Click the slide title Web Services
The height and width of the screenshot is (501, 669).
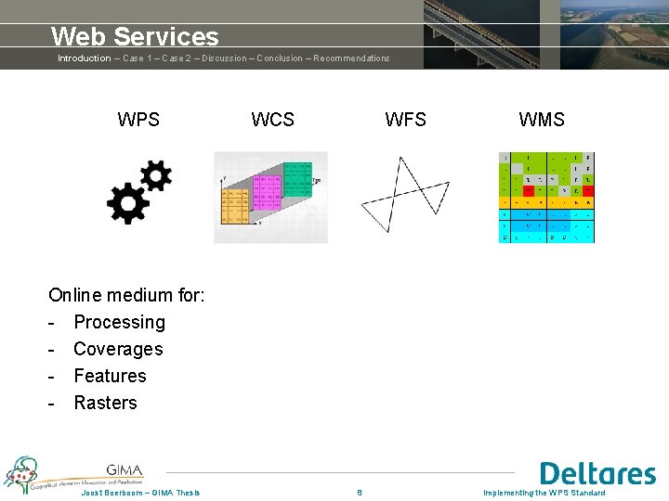135,36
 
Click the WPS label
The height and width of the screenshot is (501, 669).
138,120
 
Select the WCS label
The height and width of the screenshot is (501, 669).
272,120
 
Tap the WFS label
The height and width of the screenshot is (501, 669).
406,120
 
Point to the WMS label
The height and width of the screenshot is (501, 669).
541,120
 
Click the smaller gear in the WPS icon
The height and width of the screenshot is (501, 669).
155,174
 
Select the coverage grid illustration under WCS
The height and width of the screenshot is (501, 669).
270,197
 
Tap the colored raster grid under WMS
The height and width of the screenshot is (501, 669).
546,197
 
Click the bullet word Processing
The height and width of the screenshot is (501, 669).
119,323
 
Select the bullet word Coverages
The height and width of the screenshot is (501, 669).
118,350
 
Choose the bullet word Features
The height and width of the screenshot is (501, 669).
110,377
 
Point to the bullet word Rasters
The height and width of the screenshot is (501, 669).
105,404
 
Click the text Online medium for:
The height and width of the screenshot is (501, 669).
126,296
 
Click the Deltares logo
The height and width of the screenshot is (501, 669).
597,473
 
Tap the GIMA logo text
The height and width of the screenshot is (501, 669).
125,469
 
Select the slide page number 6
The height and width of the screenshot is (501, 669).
360,493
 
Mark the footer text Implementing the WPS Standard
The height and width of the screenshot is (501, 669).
544,493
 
